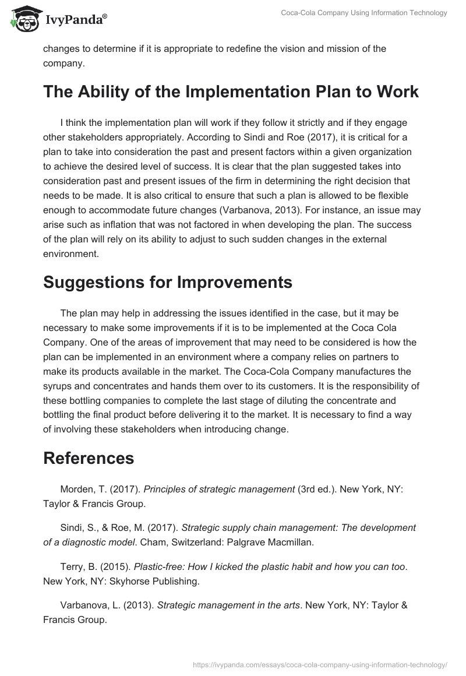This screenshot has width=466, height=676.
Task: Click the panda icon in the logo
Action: point(23,18)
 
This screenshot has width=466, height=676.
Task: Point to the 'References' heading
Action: point(89,457)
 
